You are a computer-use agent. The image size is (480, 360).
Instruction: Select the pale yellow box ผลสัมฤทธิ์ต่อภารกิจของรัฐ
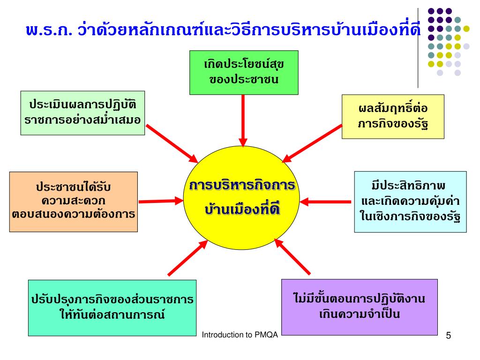pos(393,116)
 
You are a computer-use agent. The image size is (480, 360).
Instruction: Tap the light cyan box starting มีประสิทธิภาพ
pos(410,202)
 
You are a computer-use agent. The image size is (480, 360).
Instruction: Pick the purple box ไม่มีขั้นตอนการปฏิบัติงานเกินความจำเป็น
pos(359,307)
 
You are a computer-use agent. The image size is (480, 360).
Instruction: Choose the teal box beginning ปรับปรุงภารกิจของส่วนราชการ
pos(112,307)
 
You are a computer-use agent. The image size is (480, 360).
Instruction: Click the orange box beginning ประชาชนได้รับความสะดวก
pos(73,202)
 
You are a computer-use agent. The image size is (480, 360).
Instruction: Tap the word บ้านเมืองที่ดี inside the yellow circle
pos(243,210)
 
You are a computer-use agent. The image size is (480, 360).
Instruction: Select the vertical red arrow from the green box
pos(243,120)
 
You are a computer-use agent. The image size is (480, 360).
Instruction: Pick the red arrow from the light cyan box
pos(326,202)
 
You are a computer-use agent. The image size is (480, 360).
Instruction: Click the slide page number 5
pos(449,336)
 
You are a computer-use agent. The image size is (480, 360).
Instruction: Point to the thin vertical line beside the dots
pos(418,47)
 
